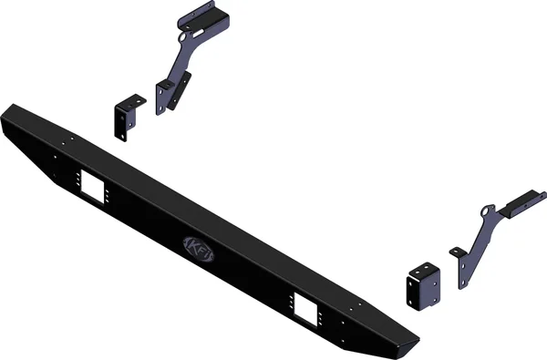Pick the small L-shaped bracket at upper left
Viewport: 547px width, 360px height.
coord(124,115)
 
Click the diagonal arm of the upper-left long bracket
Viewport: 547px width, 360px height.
coord(178,64)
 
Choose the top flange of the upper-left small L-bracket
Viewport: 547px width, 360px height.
coord(129,98)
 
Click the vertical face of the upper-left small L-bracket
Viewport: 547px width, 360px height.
coord(120,120)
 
